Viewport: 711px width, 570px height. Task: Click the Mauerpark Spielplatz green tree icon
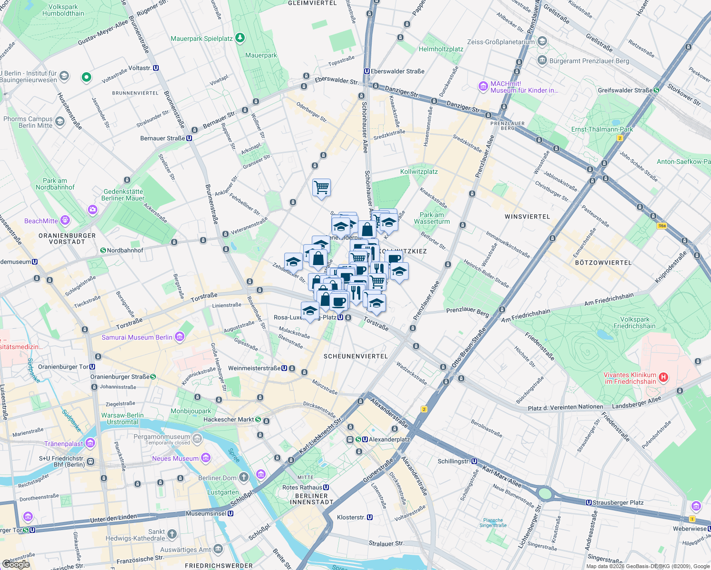240,38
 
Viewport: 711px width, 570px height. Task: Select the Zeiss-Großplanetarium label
500,42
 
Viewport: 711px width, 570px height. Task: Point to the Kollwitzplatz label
419,171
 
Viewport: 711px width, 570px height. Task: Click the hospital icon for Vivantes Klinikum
663,378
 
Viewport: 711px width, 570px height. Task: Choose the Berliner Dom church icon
243,477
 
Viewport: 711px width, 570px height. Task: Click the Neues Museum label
175,458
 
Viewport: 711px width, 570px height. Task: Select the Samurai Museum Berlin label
137,337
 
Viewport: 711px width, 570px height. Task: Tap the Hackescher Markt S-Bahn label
229,419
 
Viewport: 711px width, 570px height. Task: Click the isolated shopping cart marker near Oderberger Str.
321,188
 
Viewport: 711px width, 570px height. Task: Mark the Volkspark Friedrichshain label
634,323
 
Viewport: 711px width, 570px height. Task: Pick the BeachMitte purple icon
65,220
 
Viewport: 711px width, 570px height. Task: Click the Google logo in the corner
16,564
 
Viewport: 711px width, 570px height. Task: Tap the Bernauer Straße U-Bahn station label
163,138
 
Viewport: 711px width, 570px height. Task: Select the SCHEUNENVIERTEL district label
355,356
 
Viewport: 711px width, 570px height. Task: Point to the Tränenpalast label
64,444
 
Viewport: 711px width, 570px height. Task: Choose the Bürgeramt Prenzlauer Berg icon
542,60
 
